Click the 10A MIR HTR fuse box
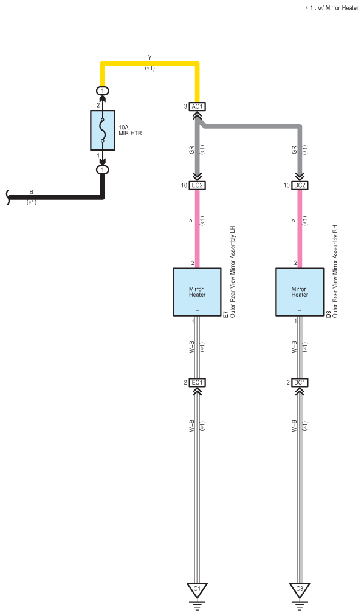coord(103,130)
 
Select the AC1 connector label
coord(197,106)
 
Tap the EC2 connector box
coord(197,185)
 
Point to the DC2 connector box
coord(300,185)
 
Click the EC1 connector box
coord(197,382)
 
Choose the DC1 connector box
coord(300,382)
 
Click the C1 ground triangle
coord(197,590)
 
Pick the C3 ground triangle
coord(300,590)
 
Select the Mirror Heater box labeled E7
coord(197,292)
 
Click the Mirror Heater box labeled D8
coord(300,292)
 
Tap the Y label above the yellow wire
coord(149,58)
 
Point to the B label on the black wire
coord(32,192)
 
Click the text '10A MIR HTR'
coord(130,131)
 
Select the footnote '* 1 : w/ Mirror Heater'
coord(332,7)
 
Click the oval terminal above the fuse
coord(103,91)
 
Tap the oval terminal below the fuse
coord(103,169)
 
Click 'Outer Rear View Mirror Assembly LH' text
coord(232,272)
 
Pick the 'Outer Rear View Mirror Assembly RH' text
coord(335,271)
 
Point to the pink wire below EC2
coord(197,228)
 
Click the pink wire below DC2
coord(300,228)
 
